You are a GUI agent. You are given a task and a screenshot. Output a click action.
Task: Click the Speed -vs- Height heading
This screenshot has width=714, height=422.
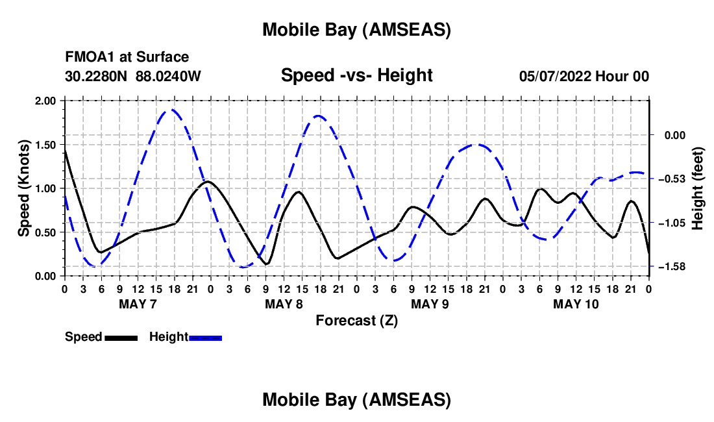click(356, 75)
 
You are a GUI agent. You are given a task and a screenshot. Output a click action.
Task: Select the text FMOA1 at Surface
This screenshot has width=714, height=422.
click(127, 57)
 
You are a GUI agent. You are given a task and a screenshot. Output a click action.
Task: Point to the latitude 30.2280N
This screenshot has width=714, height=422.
click(97, 76)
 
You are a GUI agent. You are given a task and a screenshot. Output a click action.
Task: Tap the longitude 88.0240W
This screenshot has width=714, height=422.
click(168, 76)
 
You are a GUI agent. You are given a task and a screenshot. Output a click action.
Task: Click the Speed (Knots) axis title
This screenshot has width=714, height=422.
click(24, 188)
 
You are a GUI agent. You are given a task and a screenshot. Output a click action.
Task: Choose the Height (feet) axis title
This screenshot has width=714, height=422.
click(698, 188)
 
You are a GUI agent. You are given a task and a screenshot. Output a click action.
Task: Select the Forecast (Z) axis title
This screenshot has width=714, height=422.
click(356, 320)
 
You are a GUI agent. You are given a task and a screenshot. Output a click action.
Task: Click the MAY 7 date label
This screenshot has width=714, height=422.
click(137, 304)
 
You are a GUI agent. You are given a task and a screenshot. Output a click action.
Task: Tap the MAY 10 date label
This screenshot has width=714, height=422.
click(576, 304)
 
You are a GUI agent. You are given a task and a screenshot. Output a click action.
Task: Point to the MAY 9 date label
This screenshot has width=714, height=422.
click(430, 304)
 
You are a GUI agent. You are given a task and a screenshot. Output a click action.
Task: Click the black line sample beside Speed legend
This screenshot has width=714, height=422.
click(121, 338)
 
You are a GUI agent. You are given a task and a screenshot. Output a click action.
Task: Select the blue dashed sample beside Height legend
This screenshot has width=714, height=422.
click(206, 338)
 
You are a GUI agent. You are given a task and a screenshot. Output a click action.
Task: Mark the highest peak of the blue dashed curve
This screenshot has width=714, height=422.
click(171, 110)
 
